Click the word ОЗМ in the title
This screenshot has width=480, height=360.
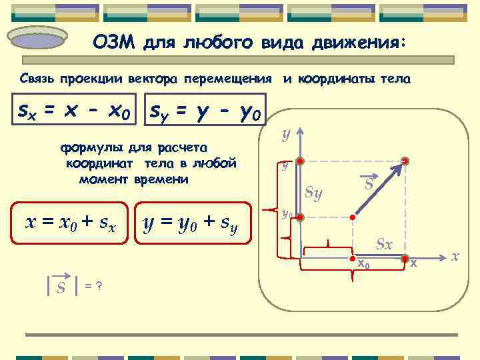pos(113,43)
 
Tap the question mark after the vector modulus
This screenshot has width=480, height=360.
pos(99,285)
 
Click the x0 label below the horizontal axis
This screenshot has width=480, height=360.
pos(363,264)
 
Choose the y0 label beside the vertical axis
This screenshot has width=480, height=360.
pos(285,215)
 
